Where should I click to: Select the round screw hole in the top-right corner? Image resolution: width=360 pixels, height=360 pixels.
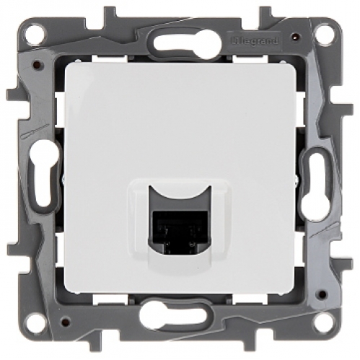point(328,32)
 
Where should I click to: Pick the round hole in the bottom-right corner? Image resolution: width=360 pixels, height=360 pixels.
point(328,328)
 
